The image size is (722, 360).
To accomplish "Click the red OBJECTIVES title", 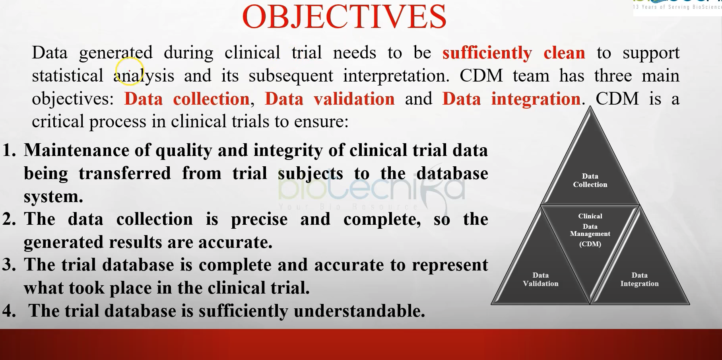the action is click(344, 17).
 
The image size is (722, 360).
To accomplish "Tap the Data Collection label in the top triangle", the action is click(590, 180).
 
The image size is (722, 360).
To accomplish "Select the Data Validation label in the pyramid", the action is click(541, 279).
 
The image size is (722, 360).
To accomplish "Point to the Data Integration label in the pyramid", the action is click(639, 279).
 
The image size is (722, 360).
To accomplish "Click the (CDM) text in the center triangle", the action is click(590, 244).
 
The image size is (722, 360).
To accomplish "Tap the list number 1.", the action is click(9, 150).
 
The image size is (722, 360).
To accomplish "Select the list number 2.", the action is click(9, 219).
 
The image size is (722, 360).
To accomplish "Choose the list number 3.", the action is click(9, 265).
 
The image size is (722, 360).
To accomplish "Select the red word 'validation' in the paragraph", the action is click(354, 99).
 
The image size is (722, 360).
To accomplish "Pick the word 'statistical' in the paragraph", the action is click(68, 76).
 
